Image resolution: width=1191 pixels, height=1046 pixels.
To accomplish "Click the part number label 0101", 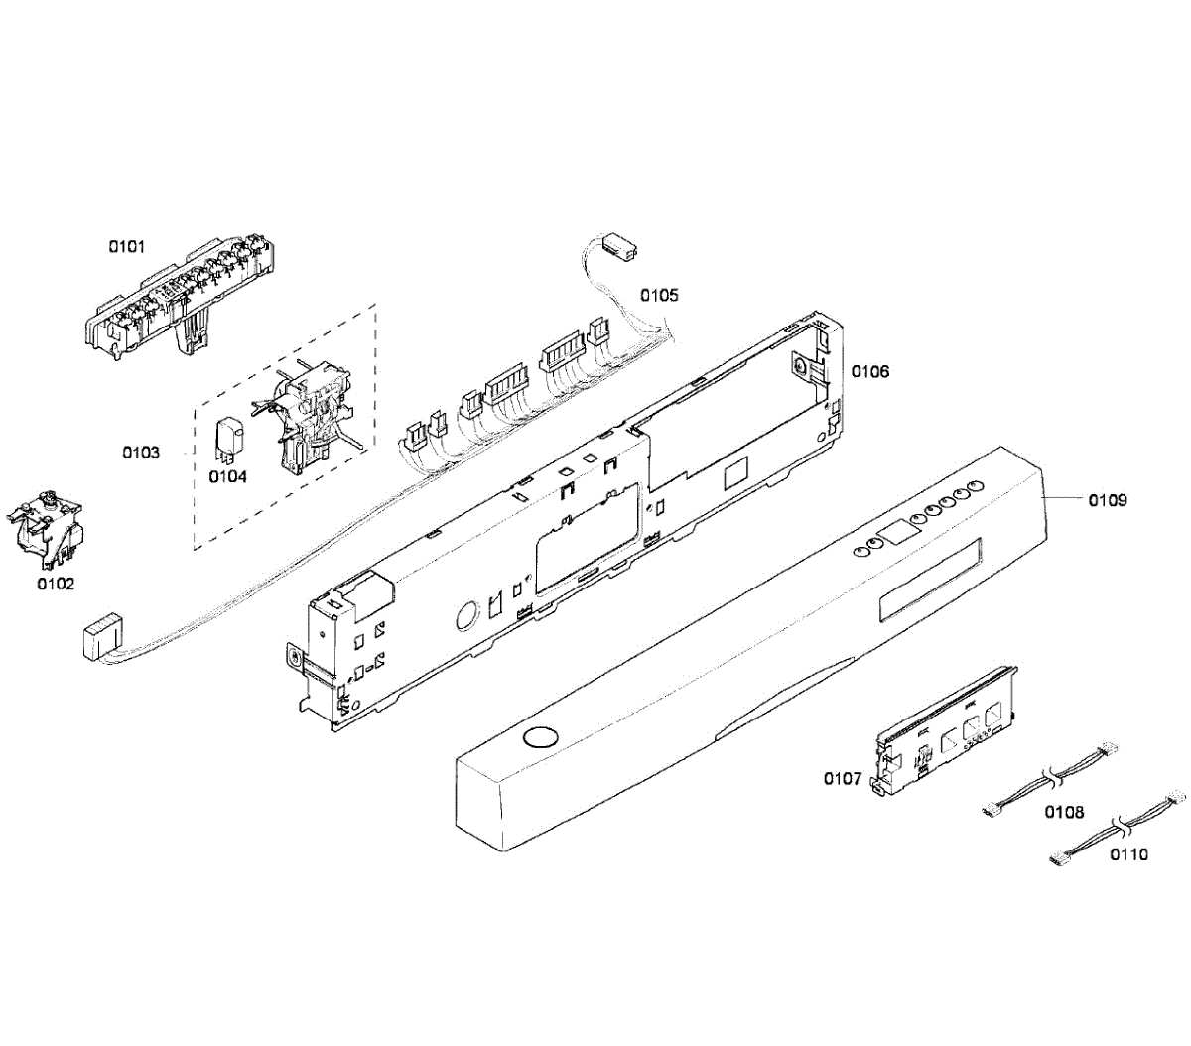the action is point(126,246).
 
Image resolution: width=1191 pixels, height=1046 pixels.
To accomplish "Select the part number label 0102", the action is point(56,584).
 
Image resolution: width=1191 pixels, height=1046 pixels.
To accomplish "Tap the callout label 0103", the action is point(141,453).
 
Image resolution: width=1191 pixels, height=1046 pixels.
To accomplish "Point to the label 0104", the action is point(227,476).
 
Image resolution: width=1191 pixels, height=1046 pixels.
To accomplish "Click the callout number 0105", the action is point(659,295).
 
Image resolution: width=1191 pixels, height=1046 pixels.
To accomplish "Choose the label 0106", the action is point(870,371).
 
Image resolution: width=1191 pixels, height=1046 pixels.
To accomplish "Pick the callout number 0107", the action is point(843,779).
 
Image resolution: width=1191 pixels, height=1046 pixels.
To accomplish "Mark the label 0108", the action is point(1064,813).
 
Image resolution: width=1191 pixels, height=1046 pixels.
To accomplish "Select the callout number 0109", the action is point(1108,500).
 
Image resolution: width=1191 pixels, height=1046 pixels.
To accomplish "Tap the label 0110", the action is point(1128,854).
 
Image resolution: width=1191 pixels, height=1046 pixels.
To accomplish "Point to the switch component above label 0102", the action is point(45,522).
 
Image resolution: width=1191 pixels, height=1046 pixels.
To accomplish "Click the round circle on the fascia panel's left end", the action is point(540,737).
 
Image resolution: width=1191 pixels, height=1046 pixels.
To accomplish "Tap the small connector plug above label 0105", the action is point(620,247).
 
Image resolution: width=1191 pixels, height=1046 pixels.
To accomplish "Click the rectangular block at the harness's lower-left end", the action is point(100,635).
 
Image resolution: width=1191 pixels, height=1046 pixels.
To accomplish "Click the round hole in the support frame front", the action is point(464,617).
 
